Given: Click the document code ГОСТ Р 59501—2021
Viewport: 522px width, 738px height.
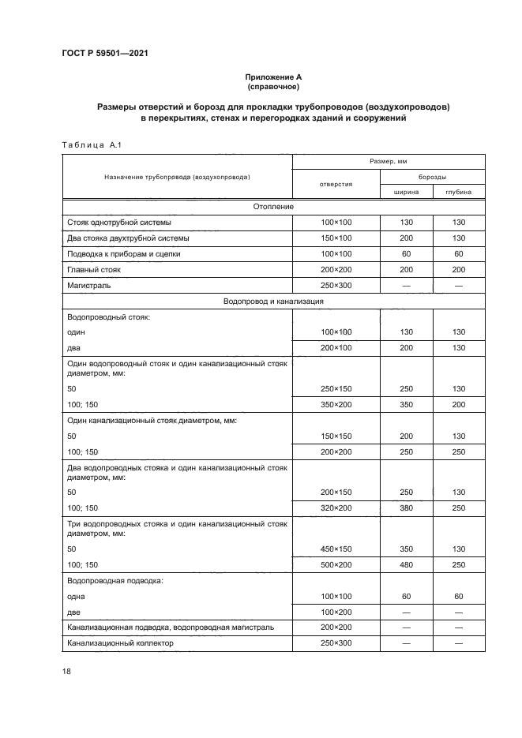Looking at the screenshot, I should tap(104, 53).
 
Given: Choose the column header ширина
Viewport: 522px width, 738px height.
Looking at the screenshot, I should tap(407, 191).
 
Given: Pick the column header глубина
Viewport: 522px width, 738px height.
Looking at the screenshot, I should tap(459, 191).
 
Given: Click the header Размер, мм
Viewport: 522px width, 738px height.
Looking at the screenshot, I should tap(389, 161).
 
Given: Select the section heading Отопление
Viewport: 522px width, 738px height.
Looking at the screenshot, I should tap(274, 207).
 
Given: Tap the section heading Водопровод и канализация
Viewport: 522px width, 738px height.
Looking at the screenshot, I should tap(274, 301).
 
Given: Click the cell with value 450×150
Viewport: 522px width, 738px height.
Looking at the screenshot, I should tap(336, 549).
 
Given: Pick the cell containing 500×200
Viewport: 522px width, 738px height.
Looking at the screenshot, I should tap(336, 564).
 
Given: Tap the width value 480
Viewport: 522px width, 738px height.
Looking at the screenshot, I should tap(407, 564).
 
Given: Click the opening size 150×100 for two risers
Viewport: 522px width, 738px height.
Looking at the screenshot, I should tap(336, 238).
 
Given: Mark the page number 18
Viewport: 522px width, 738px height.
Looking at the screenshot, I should tap(66, 672).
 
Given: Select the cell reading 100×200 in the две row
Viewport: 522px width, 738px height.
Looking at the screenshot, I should tap(336, 612).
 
